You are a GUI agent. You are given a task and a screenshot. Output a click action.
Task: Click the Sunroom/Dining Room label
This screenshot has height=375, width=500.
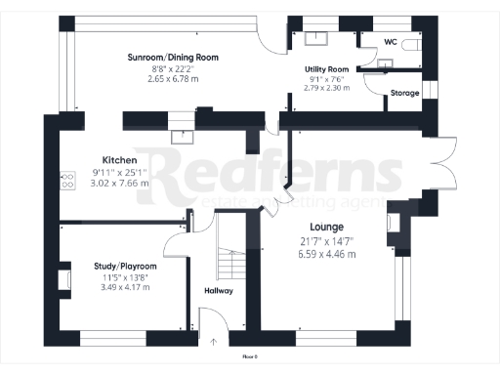(171, 58)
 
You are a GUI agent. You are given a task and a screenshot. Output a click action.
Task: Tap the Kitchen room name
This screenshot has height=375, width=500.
(119, 159)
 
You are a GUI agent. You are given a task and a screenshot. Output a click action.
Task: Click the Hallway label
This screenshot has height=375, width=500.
(218, 290)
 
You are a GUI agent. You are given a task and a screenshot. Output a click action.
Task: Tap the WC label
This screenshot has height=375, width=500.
(390, 42)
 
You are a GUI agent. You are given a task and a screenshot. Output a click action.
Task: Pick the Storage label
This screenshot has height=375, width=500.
(404, 93)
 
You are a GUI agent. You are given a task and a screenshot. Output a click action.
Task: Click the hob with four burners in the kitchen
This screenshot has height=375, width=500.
(68, 181)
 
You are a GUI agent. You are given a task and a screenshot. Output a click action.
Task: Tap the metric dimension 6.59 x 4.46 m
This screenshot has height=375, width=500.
(327, 254)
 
